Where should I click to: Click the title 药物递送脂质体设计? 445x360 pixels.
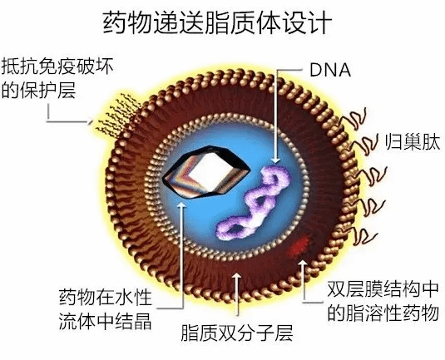(217, 22)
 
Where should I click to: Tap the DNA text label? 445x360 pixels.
(330, 70)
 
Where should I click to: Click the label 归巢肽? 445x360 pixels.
(413, 142)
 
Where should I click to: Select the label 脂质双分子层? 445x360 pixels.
(237, 333)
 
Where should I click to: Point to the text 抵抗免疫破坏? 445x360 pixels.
(57, 67)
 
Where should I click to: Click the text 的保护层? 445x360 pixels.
(39, 90)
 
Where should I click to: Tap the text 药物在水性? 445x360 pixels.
(106, 298)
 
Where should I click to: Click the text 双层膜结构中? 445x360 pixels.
(383, 289)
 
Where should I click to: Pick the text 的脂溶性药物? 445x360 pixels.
(383, 313)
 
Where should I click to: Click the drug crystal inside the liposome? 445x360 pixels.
(206, 171)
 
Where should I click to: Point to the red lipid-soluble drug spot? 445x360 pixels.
(300, 244)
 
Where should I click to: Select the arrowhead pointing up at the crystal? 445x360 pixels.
(181, 205)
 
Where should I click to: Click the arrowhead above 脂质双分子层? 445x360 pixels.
(237, 277)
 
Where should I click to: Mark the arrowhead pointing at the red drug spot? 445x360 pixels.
(303, 264)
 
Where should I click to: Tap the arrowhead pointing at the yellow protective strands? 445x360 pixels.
(91, 121)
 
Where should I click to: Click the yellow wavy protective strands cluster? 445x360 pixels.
(118, 115)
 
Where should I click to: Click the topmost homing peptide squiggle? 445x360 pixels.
(354, 118)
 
